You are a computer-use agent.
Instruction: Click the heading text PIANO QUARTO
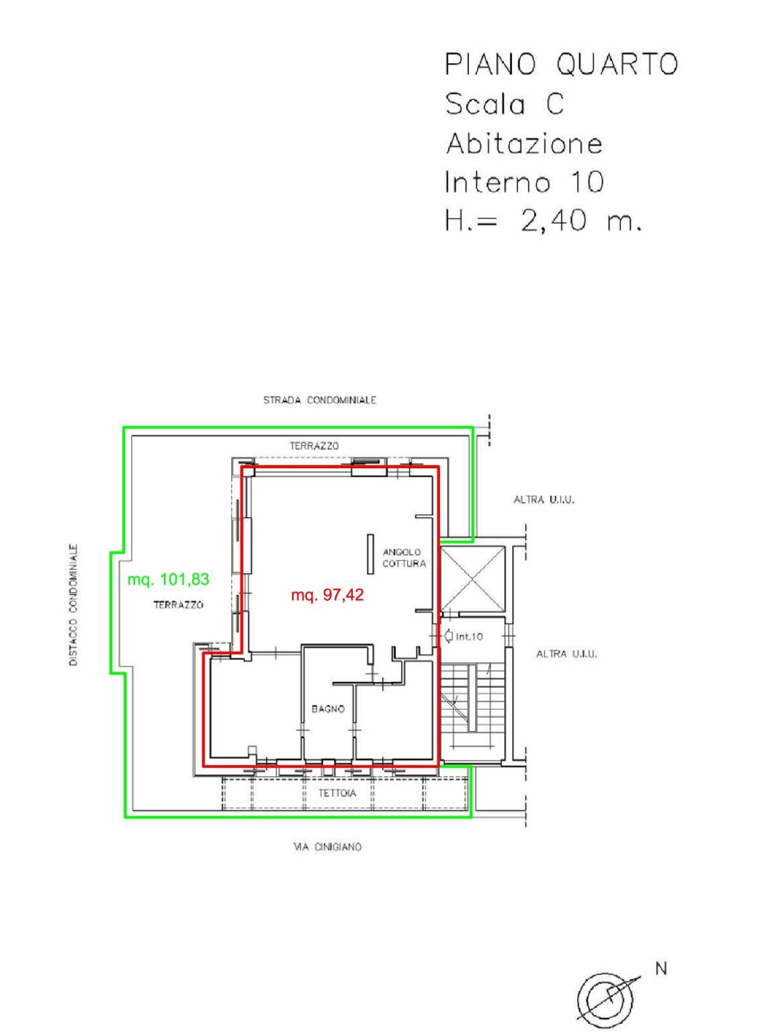pos(561,64)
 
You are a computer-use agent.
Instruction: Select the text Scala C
pos(505,104)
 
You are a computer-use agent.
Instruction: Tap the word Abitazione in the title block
pos(524,143)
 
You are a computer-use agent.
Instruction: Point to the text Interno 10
pos(524,182)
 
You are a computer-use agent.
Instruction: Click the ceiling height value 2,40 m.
pos(580,220)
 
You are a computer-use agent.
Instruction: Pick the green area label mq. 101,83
pos(168,579)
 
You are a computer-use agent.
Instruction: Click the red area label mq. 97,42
pos(327,595)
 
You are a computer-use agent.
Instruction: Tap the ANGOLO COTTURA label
pos(404,558)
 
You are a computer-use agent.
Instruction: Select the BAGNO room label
pos(328,709)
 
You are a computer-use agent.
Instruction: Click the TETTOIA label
pos(337,793)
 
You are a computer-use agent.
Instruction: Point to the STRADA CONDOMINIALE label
pos(320,400)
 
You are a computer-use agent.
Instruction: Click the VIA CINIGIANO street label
pos(327,847)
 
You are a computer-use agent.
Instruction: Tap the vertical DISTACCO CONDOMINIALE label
pos(74,605)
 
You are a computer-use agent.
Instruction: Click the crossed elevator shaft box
pos(472,579)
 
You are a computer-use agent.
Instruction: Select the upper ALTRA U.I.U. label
pos(544,500)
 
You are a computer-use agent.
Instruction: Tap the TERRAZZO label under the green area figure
pos(178,605)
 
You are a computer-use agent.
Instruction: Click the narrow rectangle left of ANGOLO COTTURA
pos(371,554)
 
